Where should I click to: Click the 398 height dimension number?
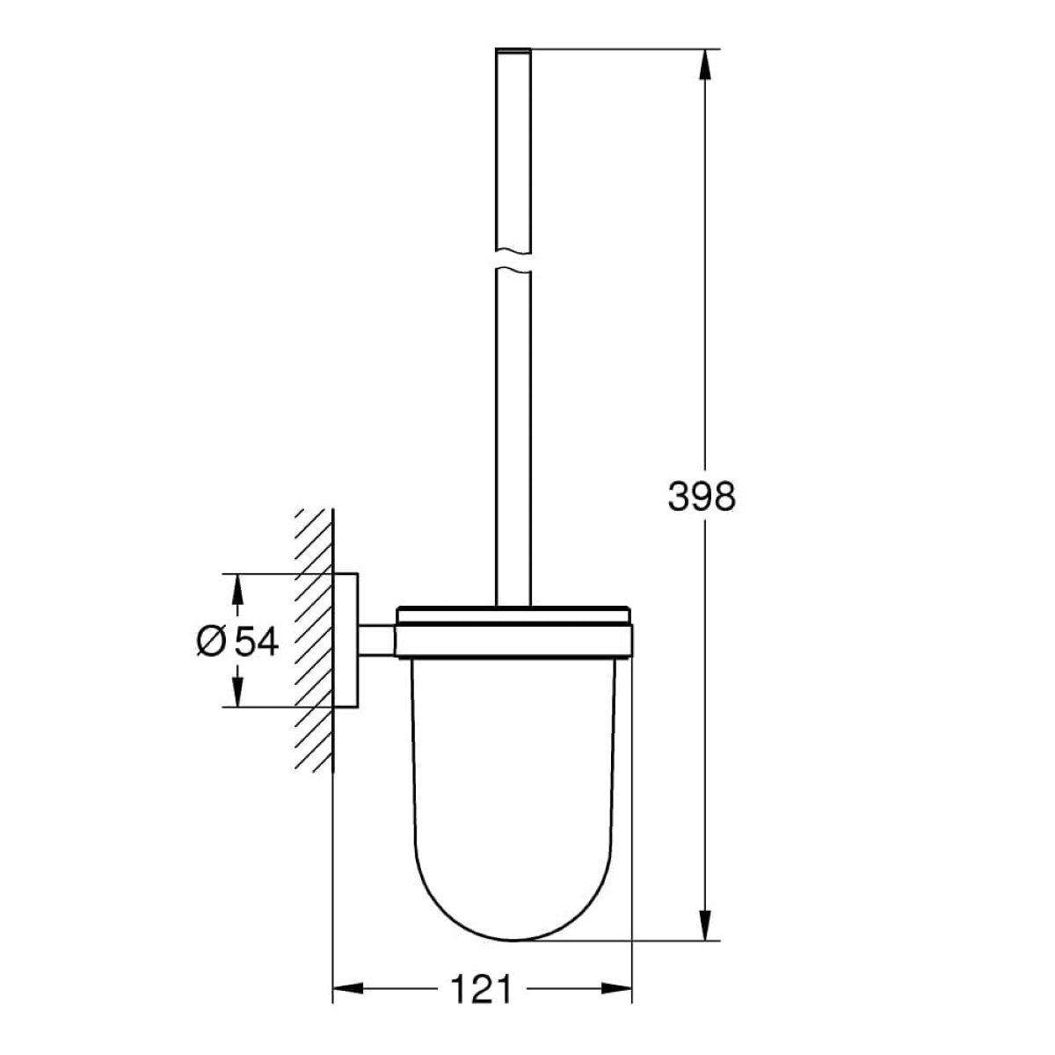702,497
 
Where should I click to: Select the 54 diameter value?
257,641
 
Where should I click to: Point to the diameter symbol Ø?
211,641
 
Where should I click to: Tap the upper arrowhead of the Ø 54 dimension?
237,589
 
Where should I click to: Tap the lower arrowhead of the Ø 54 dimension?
237,692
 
